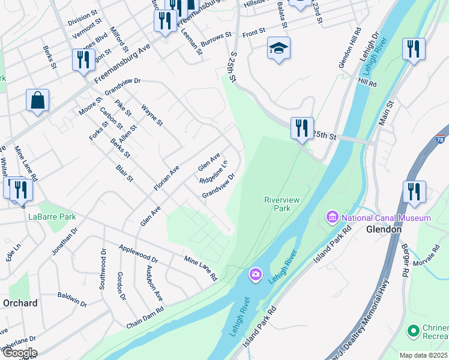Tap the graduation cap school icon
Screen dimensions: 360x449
[x=279, y=48]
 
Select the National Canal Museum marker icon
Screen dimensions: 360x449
[x=332, y=217]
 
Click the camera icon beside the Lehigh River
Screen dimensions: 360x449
[x=256, y=275]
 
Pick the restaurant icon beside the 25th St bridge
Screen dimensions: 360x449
[x=301, y=128]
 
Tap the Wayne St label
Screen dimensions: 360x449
[x=152, y=116]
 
